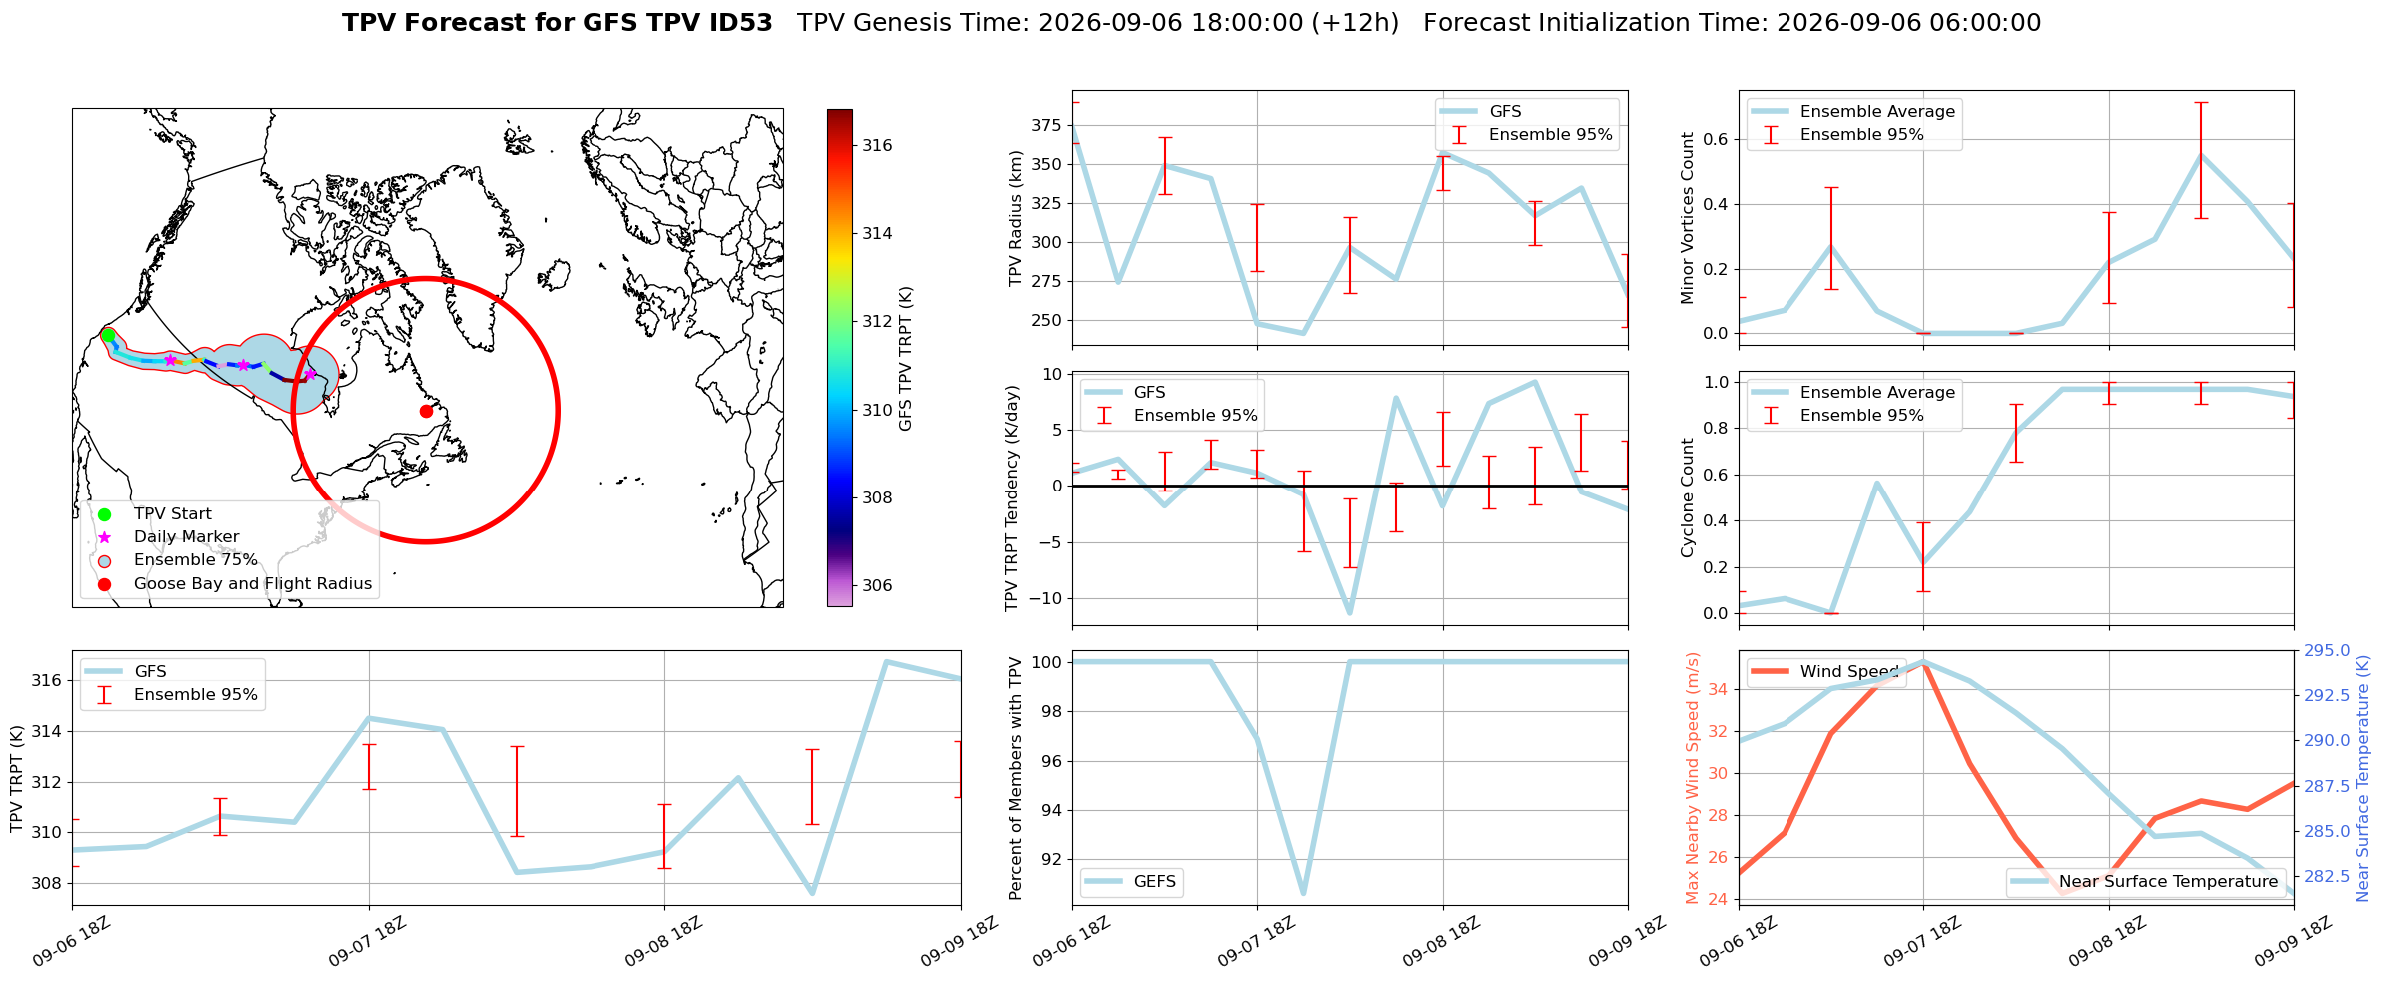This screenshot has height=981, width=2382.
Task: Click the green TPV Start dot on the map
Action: pos(107,335)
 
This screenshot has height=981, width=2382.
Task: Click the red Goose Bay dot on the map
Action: pos(426,411)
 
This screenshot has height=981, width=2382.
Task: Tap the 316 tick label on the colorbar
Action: pos(878,145)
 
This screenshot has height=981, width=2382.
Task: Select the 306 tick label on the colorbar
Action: pos(878,585)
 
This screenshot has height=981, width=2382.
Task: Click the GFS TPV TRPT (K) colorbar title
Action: pos(906,359)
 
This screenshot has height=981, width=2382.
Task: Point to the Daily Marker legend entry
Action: pos(187,537)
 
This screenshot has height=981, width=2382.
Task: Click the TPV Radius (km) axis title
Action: pos(1016,218)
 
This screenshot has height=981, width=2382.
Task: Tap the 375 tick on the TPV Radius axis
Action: pos(1047,125)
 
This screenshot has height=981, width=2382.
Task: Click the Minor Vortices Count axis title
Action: pos(1688,218)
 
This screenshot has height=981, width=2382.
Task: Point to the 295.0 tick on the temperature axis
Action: pos(2327,651)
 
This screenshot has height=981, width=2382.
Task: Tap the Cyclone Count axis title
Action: pos(1688,497)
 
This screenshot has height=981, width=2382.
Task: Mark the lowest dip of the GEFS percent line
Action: pos(1304,893)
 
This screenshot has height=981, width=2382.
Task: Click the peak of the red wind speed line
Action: pos(1923,662)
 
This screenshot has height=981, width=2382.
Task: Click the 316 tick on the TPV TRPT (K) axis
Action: pos(47,681)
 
